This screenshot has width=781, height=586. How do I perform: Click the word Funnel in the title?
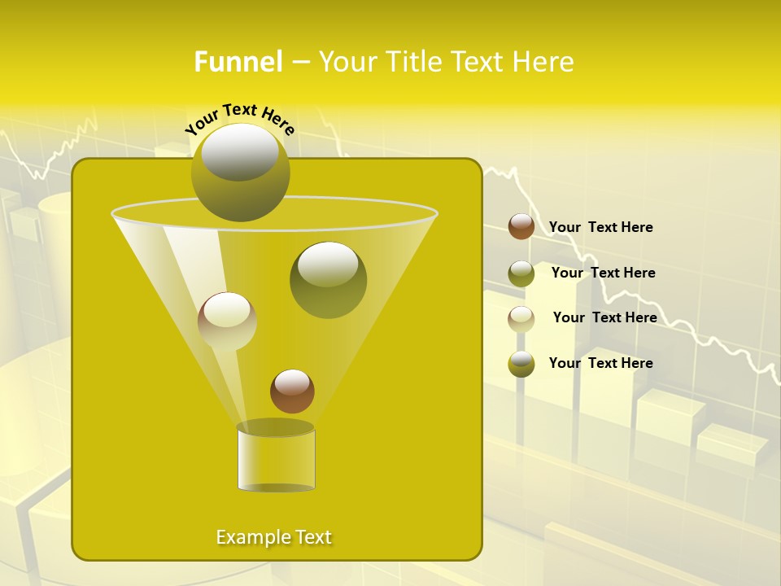point(238,62)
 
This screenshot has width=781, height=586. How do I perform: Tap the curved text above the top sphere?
point(239,118)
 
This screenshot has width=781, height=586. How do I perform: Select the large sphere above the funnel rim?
point(240,172)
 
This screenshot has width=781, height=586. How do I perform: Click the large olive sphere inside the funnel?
point(328,279)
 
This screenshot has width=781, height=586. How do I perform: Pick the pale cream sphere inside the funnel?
point(227,321)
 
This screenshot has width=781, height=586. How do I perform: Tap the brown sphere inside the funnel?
point(292,391)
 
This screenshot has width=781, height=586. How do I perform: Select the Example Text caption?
point(274,537)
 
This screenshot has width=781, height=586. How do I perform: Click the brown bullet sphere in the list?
point(521,226)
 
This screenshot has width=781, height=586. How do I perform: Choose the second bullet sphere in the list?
point(521,273)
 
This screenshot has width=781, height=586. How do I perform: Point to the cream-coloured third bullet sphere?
point(521,318)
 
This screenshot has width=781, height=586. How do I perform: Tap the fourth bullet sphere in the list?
point(521,364)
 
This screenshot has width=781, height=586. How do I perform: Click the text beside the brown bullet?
point(600,227)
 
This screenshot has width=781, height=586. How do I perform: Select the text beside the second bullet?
point(603,273)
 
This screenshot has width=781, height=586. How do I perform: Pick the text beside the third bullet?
point(604,317)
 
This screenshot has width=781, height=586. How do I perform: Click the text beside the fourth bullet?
point(600,363)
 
